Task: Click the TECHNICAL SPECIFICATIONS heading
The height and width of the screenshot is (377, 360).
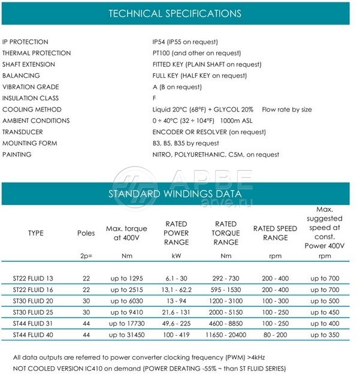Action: (x=175, y=13)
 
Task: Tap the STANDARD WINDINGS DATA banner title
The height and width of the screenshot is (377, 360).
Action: (x=175, y=194)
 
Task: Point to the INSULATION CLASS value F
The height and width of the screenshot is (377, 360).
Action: (x=155, y=98)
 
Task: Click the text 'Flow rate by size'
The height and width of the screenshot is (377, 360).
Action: (x=287, y=110)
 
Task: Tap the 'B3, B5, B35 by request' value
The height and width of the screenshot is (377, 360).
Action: (x=186, y=143)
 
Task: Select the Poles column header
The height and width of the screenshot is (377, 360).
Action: (x=86, y=233)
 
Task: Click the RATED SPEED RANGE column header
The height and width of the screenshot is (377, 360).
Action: (x=275, y=233)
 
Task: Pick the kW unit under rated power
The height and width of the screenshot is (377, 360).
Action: (x=177, y=256)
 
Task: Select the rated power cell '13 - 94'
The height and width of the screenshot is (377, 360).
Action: (x=177, y=301)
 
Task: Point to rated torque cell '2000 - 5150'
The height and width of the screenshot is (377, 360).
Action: (x=226, y=312)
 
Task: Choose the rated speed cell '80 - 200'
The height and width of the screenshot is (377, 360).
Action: (x=275, y=334)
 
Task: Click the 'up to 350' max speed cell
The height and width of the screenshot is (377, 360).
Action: (x=325, y=334)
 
